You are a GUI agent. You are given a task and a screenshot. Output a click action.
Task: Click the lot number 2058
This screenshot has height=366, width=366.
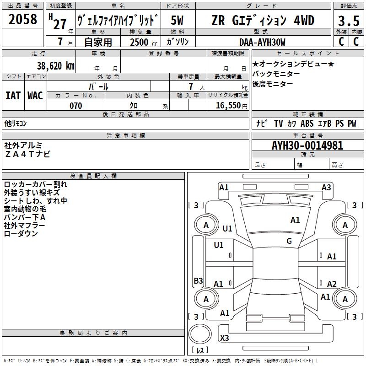click(x=23, y=19)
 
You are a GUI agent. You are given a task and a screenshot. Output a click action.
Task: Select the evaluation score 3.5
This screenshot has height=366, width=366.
click(x=348, y=21)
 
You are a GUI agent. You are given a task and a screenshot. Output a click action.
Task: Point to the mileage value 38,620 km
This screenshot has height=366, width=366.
click(x=56, y=65)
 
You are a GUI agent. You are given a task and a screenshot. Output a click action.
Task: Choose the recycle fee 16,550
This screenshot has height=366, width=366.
click(x=225, y=106)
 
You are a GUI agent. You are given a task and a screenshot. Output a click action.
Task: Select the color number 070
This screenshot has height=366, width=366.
click(x=75, y=106)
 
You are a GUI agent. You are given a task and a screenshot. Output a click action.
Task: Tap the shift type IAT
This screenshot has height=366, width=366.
click(x=13, y=95)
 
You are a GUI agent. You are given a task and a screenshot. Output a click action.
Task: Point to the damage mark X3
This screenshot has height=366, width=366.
click(x=225, y=338)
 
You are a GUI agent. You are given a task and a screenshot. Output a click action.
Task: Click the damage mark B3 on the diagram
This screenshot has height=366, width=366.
click(x=198, y=280)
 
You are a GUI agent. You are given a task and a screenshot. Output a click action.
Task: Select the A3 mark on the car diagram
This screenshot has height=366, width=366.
click(x=326, y=187)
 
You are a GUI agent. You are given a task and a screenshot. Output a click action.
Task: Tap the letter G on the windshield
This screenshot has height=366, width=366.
click(x=289, y=241)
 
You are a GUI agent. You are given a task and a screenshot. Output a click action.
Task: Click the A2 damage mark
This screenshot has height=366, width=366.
click(x=332, y=284)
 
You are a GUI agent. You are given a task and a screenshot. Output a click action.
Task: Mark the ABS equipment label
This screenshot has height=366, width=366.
click(x=307, y=124)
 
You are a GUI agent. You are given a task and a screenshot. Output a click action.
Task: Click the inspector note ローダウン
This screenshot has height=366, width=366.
click(x=21, y=234)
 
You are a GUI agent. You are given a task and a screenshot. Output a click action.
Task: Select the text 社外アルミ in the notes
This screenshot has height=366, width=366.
click(x=23, y=145)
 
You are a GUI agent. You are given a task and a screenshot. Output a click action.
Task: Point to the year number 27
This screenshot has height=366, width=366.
click(x=60, y=24)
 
